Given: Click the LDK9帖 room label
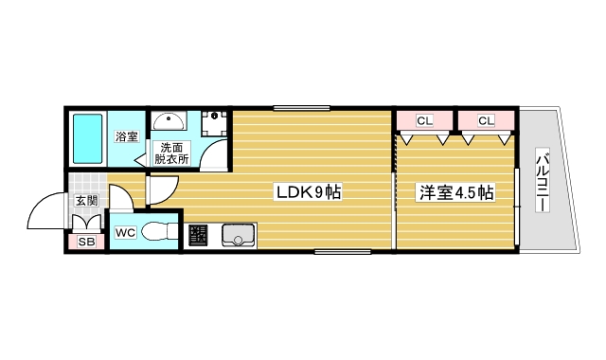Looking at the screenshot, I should [308, 193].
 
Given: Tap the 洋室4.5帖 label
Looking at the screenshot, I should [457, 193].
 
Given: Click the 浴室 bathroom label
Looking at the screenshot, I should [126, 137].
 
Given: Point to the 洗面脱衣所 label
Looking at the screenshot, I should [174, 153].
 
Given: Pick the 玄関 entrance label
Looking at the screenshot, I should [86, 201].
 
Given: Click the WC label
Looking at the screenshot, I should [125, 232].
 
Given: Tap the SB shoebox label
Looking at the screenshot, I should [86, 243].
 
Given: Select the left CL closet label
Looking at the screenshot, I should [423, 120].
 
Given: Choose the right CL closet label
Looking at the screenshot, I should [486, 120].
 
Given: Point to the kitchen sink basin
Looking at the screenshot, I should [240, 234].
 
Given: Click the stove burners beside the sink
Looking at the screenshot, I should [198, 234].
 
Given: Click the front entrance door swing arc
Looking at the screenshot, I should [47, 210].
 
